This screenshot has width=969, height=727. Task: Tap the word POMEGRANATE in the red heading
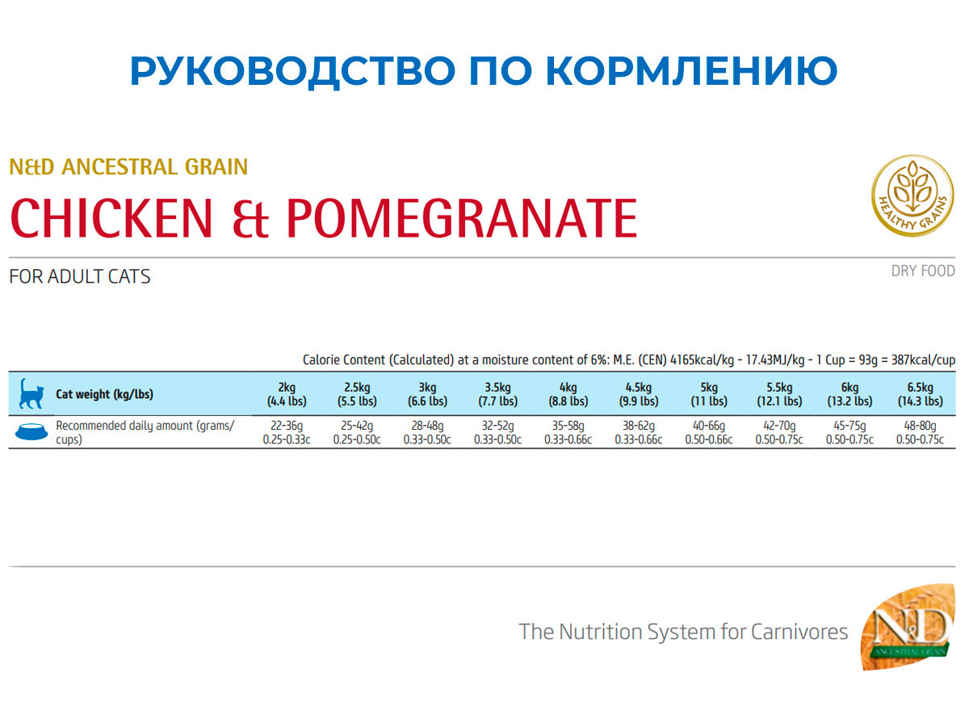(462, 218)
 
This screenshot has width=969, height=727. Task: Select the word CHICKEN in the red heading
(111, 218)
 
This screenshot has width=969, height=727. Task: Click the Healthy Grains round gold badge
(913, 195)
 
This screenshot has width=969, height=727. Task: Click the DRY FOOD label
(923, 271)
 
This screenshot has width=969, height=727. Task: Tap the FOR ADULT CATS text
(80, 277)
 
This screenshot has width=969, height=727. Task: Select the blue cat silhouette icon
(31, 393)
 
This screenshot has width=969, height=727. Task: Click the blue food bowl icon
(31, 431)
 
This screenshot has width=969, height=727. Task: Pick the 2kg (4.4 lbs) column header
(287, 394)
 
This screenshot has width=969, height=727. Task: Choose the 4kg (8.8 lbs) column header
(568, 394)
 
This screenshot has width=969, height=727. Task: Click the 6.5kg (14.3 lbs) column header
(921, 394)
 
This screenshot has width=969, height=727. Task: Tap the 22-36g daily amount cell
(287, 433)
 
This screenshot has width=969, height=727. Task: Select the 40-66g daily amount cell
(709, 433)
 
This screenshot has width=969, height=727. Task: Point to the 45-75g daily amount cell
(849, 433)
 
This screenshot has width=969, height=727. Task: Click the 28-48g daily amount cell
(427, 433)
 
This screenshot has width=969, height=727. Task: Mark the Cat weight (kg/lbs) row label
(105, 394)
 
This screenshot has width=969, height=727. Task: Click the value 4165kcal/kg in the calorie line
(702, 360)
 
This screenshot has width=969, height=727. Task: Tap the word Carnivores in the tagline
(799, 632)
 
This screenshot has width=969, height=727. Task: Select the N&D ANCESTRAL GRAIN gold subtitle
(128, 167)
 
